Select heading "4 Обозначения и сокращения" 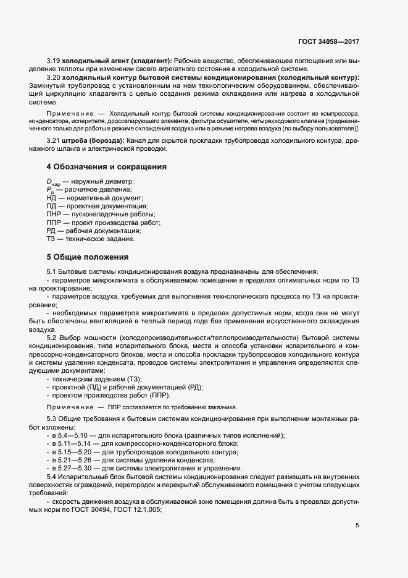coord(106,167)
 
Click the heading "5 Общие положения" coord(87,257)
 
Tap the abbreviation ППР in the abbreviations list coord(54,222)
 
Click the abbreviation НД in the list coord(52,198)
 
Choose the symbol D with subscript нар coord(53,182)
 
